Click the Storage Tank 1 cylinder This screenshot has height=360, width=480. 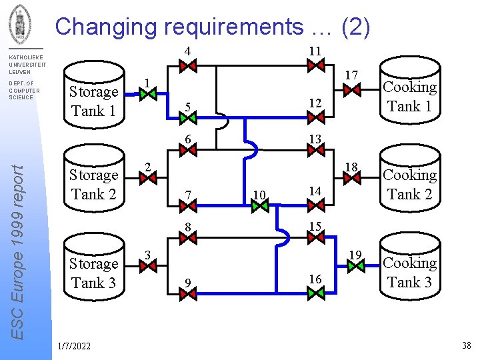(x=94, y=98)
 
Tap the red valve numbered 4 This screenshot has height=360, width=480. (x=189, y=65)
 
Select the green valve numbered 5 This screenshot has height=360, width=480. (x=189, y=118)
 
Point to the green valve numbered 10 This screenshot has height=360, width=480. (x=260, y=206)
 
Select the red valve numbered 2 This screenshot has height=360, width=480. (x=148, y=177)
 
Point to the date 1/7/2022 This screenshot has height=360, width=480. (x=75, y=345)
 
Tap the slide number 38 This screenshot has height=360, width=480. (x=465, y=345)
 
